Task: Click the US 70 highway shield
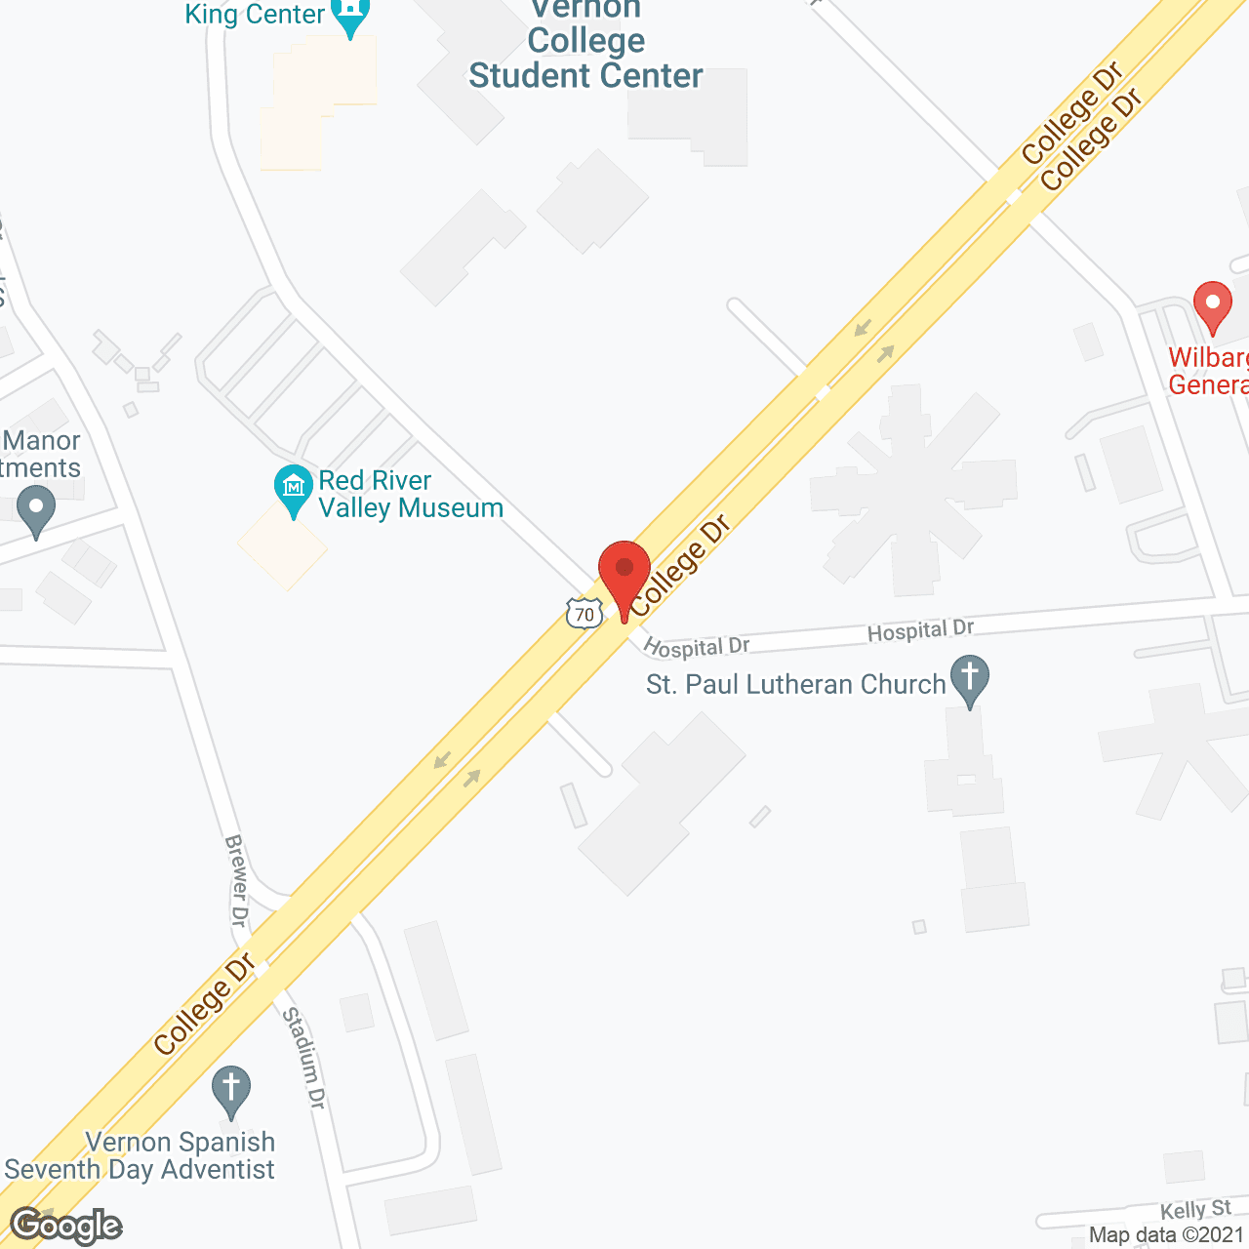point(584,613)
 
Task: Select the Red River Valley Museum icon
point(292,489)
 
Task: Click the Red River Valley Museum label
point(411,494)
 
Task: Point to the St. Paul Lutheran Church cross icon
point(969,679)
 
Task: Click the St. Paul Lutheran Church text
point(796,685)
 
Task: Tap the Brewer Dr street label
point(237,880)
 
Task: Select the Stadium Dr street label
point(303,1058)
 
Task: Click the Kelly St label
point(1195,1210)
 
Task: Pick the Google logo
point(66,1226)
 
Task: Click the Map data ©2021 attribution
point(1166,1235)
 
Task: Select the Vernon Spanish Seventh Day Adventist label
point(141,1155)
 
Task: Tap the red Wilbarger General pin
point(1212,305)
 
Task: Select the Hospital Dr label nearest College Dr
point(697,647)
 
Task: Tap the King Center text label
point(255,14)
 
